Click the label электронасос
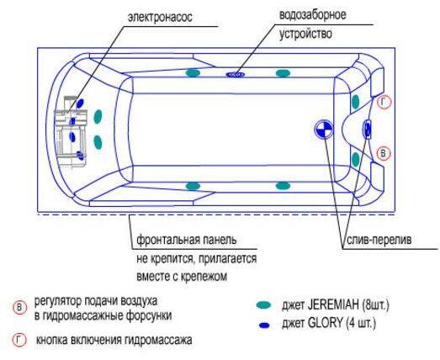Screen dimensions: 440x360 160,18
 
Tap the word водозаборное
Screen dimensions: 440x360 312,15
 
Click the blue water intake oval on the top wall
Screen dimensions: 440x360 236,74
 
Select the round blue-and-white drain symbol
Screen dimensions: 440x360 323,130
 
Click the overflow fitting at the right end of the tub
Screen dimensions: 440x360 368,129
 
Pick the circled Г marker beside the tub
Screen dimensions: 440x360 384,103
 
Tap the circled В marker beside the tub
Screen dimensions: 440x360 384,153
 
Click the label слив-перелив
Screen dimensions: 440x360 379,240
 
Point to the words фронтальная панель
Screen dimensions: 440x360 187,241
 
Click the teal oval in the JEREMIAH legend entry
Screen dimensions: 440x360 264,305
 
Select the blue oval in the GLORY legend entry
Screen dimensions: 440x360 264,326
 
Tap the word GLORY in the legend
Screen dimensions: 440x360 326,323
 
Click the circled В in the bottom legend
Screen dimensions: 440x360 19,308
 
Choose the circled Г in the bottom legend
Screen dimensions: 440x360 19,341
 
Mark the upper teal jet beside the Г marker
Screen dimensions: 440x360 356,102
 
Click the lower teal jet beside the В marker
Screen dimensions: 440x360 356,159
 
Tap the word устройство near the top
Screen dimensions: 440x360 305,34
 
